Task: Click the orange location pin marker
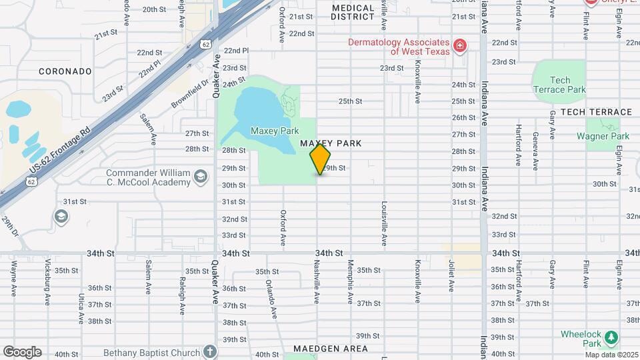[x=320, y=159]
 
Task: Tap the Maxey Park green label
[x=275, y=131]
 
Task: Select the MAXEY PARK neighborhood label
[x=331, y=143]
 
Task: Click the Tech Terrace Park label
[x=559, y=85]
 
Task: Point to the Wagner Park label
[x=603, y=137]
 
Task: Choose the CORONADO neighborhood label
[x=65, y=71]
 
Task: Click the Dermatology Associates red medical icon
[x=459, y=45]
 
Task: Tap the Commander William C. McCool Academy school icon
[x=200, y=177]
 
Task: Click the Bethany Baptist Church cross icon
[x=210, y=351]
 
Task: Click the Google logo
[x=22, y=351]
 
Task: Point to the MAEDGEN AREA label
[x=330, y=349]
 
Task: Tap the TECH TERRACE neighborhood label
[x=596, y=112]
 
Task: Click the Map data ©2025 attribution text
[x=611, y=354]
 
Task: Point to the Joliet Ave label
[x=451, y=277]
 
